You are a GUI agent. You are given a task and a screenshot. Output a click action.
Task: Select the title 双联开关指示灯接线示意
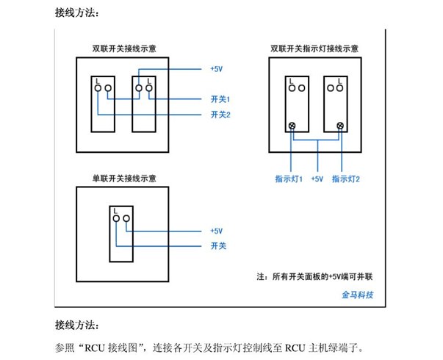click(314, 48)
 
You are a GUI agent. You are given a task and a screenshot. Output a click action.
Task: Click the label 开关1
click(220, 98)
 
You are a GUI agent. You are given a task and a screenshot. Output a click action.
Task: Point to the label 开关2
click(220, 115)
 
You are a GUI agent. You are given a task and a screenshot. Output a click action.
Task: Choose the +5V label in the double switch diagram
click(216, 69)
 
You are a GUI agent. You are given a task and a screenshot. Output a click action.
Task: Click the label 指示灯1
click(289, 179)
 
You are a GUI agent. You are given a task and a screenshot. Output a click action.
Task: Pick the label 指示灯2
click(345, 179)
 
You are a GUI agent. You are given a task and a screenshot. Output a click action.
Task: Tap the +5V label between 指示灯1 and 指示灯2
click(317, 179)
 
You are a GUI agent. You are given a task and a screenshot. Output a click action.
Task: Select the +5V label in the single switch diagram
click(216, 231)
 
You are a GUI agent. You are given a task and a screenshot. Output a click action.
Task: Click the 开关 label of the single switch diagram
click(217, 245)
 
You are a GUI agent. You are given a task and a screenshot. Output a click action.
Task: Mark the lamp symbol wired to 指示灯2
click(339, 126)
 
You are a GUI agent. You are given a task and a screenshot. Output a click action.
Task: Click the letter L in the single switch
click(116, 209)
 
